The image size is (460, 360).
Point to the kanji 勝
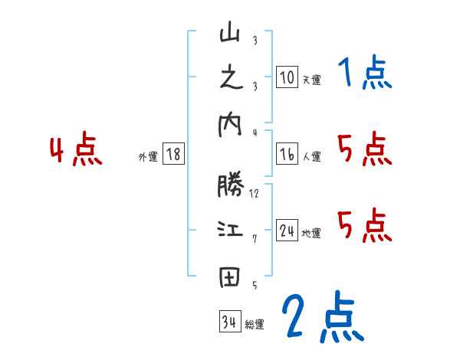230,186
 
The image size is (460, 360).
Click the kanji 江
230,231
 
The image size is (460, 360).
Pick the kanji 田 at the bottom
230,277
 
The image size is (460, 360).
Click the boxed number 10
287,77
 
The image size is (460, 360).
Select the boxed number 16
287,155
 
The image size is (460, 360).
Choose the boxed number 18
172,155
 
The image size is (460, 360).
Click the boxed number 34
229,322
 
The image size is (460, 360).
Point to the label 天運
311,80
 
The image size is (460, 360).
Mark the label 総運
255,324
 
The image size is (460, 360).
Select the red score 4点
76,150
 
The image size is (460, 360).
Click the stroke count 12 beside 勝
254,194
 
